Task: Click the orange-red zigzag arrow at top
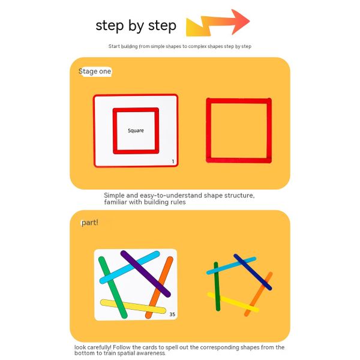point(218,23)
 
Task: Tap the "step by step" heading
point(136,25)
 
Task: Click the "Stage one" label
point(95,71)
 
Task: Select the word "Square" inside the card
point(136,130)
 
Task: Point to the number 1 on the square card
point(173,161)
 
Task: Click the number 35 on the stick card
point(172,314)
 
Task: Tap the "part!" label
point(90,223)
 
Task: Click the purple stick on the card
point(146,274)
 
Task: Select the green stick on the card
point(113,287)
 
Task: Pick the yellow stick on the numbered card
point(133,307)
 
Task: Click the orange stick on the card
point(160,287)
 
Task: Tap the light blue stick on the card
point(130,267)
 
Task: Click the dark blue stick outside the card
point(253,272)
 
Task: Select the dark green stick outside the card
point(217,286)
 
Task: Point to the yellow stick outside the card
point(233,302)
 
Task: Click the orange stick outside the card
point(258,294)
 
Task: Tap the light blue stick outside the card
point(231,266)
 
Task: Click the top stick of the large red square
point(239,101)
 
